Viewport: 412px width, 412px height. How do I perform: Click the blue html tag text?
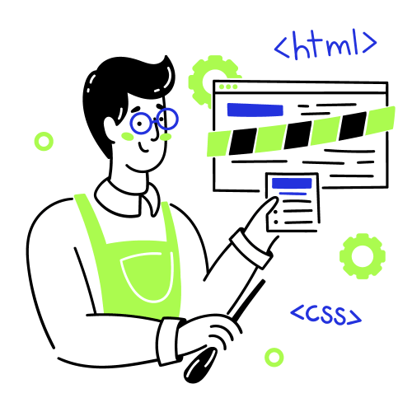click(325, 44)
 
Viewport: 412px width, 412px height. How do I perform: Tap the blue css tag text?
click(326, 315)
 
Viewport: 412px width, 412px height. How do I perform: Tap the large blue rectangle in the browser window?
click(255, 110)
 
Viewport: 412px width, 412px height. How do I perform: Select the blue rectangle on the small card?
click(292, 183)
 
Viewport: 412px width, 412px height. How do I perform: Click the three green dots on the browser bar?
click(228, 87)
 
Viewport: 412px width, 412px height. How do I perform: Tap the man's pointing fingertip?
click(274, 199)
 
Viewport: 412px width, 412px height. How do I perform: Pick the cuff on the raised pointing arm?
click(251, 249)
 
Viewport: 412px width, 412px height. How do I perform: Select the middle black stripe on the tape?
click(297, 135)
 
